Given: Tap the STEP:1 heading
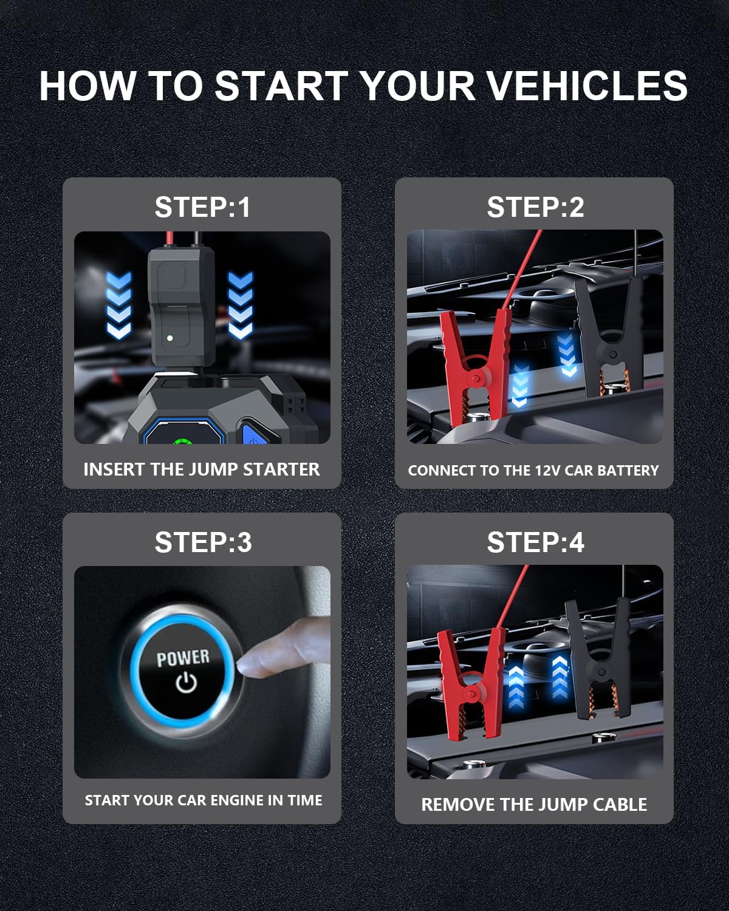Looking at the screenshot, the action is tap(202, 207).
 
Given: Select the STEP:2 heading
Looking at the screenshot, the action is tap(535, 207).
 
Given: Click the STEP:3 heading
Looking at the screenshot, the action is tap(204, 542).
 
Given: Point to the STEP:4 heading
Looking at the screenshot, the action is tap(535, 542).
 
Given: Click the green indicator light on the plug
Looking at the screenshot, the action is tap(170, 338).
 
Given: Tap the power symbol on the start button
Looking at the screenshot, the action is tap(187, 683).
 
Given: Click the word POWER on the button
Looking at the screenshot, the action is tap(183, 657).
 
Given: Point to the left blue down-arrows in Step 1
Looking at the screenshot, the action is tap(119, 305).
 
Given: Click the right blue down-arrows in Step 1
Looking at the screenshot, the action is tap(240, 305).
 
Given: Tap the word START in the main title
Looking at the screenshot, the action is tap(282, 86).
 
